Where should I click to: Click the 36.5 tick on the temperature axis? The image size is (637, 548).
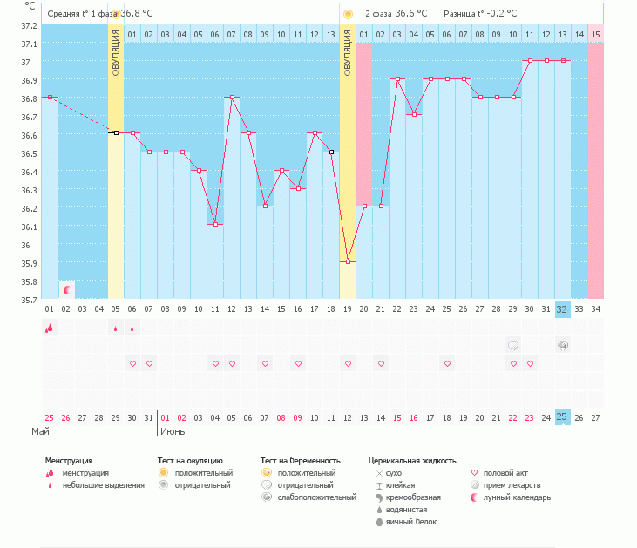tap(30, 153)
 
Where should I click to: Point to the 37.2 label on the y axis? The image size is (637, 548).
tap(30, 25)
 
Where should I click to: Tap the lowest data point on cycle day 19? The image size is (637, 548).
tap(348, 261)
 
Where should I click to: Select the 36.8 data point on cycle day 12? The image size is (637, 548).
tap(232, 98)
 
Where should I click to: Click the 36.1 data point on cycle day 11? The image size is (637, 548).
tap(215, 224)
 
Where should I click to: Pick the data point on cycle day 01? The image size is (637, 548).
tap(50, 98)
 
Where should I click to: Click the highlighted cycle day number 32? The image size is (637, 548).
tap(563, 308)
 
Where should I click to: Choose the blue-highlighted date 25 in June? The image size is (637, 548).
tap(563, 416)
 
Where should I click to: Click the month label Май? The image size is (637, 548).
tap(40, 430)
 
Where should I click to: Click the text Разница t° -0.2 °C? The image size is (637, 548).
tap(479, 14)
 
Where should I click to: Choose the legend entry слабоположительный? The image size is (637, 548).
tap(316, 497)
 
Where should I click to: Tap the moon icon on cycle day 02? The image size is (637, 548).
tap(66, 289)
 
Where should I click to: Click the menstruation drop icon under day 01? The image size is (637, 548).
tap(49, 328)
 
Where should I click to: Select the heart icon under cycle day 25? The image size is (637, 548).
tap(447, 363)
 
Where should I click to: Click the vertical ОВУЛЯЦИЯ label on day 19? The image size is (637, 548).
tap(348, 52)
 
